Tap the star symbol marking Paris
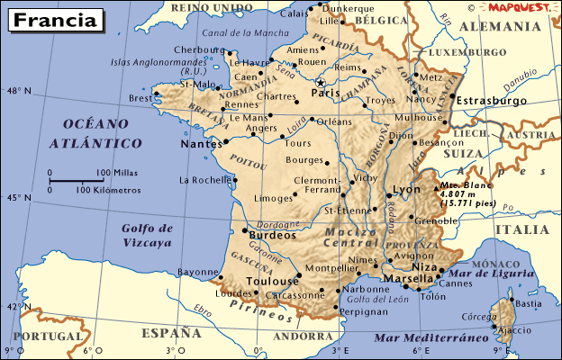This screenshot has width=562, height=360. (x=320, y=82)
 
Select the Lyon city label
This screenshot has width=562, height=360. (x=408, y=190)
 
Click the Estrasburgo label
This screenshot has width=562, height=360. (x=492, y=101)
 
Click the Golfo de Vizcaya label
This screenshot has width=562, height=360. (x=146, y=236)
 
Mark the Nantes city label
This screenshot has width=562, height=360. (x=201, y=143)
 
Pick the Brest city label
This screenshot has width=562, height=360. (x=140, y=98)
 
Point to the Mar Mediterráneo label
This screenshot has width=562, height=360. (x=424, y=337)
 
